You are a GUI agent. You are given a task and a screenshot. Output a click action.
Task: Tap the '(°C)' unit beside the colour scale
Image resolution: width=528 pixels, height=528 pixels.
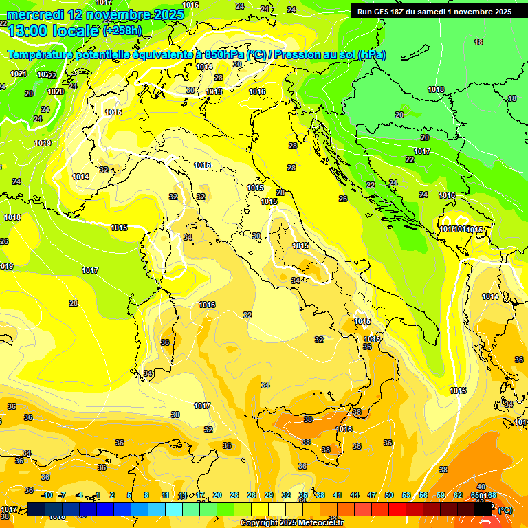505,510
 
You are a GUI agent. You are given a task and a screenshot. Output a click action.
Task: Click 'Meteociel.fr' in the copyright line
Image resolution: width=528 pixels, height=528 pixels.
316,522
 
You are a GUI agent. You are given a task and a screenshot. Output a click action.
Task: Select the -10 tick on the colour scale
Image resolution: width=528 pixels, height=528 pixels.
47,495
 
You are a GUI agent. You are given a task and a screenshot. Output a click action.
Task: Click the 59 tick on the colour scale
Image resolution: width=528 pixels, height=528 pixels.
441,495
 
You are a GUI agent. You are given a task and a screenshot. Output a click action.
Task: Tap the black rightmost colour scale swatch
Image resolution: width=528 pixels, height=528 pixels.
484,509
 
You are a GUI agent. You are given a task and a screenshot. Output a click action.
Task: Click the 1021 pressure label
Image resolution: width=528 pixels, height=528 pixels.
19,74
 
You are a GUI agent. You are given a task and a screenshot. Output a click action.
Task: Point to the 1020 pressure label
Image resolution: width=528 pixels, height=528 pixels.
56,91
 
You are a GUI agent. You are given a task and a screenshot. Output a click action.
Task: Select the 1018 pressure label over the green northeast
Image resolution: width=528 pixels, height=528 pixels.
436,89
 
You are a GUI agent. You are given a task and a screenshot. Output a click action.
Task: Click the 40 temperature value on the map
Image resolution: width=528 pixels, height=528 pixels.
481,487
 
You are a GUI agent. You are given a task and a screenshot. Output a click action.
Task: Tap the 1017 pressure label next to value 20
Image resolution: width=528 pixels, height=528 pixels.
422,151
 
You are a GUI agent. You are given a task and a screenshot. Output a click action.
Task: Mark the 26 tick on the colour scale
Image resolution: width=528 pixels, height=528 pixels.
252,495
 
